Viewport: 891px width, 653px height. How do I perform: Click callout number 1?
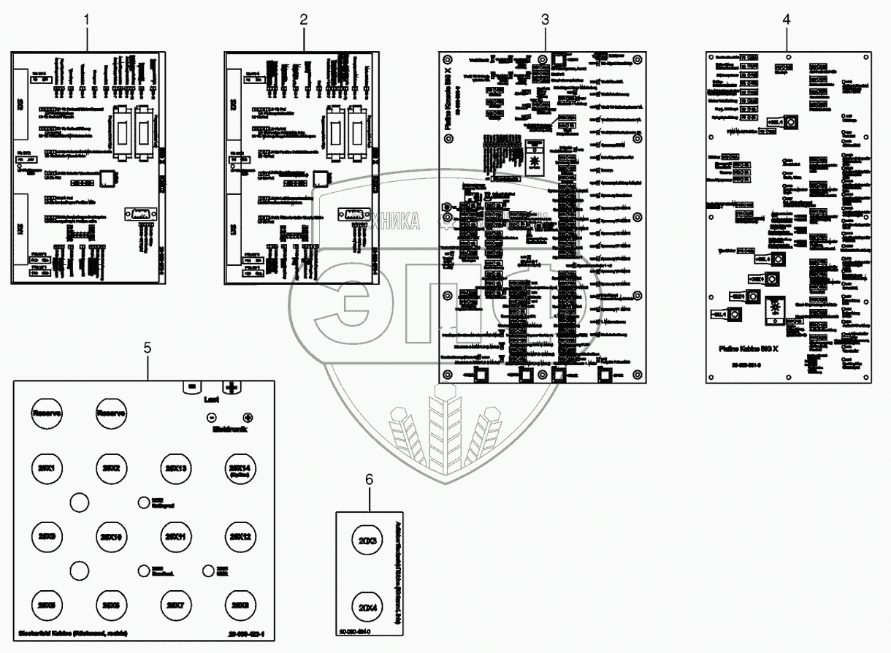click(88, 20)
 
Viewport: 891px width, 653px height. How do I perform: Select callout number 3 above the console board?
click(545, 20)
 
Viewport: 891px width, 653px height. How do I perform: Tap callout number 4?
click(786, 20)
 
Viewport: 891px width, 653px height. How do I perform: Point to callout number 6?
click(369, 479)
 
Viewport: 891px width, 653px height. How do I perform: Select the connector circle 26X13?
click(175, 468)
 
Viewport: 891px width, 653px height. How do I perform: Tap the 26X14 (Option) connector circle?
click(240, 468)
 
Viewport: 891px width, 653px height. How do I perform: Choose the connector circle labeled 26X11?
click(175, 537)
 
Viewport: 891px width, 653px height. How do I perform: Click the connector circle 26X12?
click(240, 537)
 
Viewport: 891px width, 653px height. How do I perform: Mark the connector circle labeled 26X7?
click(175, 605)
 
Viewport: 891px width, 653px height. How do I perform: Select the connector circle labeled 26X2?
click(111, 468)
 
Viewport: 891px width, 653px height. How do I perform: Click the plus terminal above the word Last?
click(232, 387)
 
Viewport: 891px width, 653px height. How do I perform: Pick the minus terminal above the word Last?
click(191, 387)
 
